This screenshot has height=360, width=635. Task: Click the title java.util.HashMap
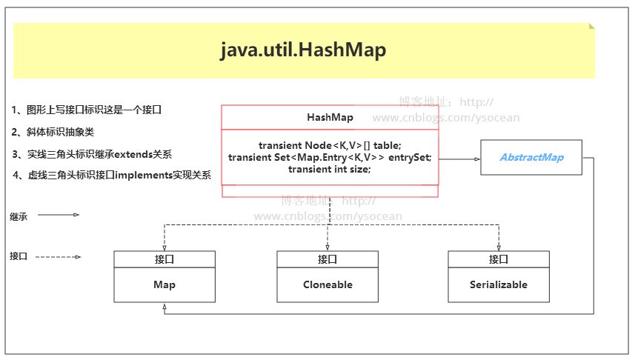click(x=303, y=50)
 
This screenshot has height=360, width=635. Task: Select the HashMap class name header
click(x=330, y=118)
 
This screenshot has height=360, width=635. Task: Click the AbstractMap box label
click(x=531, y=157)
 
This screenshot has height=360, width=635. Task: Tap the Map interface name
click(x=164, y=284)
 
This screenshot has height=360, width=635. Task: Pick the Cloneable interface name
click(x=328, y=284)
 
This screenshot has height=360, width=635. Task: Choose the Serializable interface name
click(x=499, y=284)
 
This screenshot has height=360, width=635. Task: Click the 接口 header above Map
click(x=164, y=259)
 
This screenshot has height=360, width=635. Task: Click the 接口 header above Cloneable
click(x=328, y=259)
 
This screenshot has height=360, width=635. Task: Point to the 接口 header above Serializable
click(x=499, y=259)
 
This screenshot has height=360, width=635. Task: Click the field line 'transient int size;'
click(x=330, y=169)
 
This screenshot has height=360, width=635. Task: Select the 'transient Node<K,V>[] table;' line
click(x=330, y=145)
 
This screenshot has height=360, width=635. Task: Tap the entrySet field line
click(x=330, y=157)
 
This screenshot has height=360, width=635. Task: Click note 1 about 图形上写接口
click(x=87, y=110)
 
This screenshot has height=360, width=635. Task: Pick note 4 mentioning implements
click(x=112, y=176)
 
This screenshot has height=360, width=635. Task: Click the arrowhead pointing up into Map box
click(x=164, y=307)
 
